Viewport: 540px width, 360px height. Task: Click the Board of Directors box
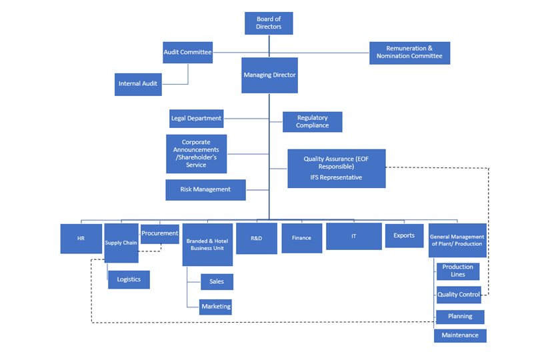(x=269, y=23)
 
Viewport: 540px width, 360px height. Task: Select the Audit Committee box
(x=187, y=52)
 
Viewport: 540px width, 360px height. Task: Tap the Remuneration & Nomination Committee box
(x=409, y=53)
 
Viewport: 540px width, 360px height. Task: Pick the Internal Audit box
(x=138, y=84)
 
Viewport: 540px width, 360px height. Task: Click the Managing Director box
(x=269, y=75)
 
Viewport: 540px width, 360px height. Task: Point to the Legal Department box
(x=196, y=119)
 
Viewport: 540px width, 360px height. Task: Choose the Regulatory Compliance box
(x=312, y=122)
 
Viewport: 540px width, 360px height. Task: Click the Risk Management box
(x=205, y=189)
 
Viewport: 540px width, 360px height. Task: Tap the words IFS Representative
(x=336, y=178)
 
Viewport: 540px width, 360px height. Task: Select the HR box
(x=81, y=239)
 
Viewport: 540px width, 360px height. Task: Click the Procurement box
(x=159, y=234)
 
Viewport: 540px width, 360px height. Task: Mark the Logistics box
(x=129, y=279)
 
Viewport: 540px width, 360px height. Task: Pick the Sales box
(x=217, y=281)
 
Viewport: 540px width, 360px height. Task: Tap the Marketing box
(x=216, y=307)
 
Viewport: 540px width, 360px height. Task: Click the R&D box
(x=256, y=238)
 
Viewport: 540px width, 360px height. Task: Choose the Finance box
(x=301, y=238)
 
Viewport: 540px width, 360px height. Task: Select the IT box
(x=353, y=237)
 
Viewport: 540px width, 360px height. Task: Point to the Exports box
(x=404, y=235)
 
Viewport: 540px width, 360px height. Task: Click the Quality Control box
(x=458, y=295)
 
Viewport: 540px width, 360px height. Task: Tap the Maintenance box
(x=459, y=335)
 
